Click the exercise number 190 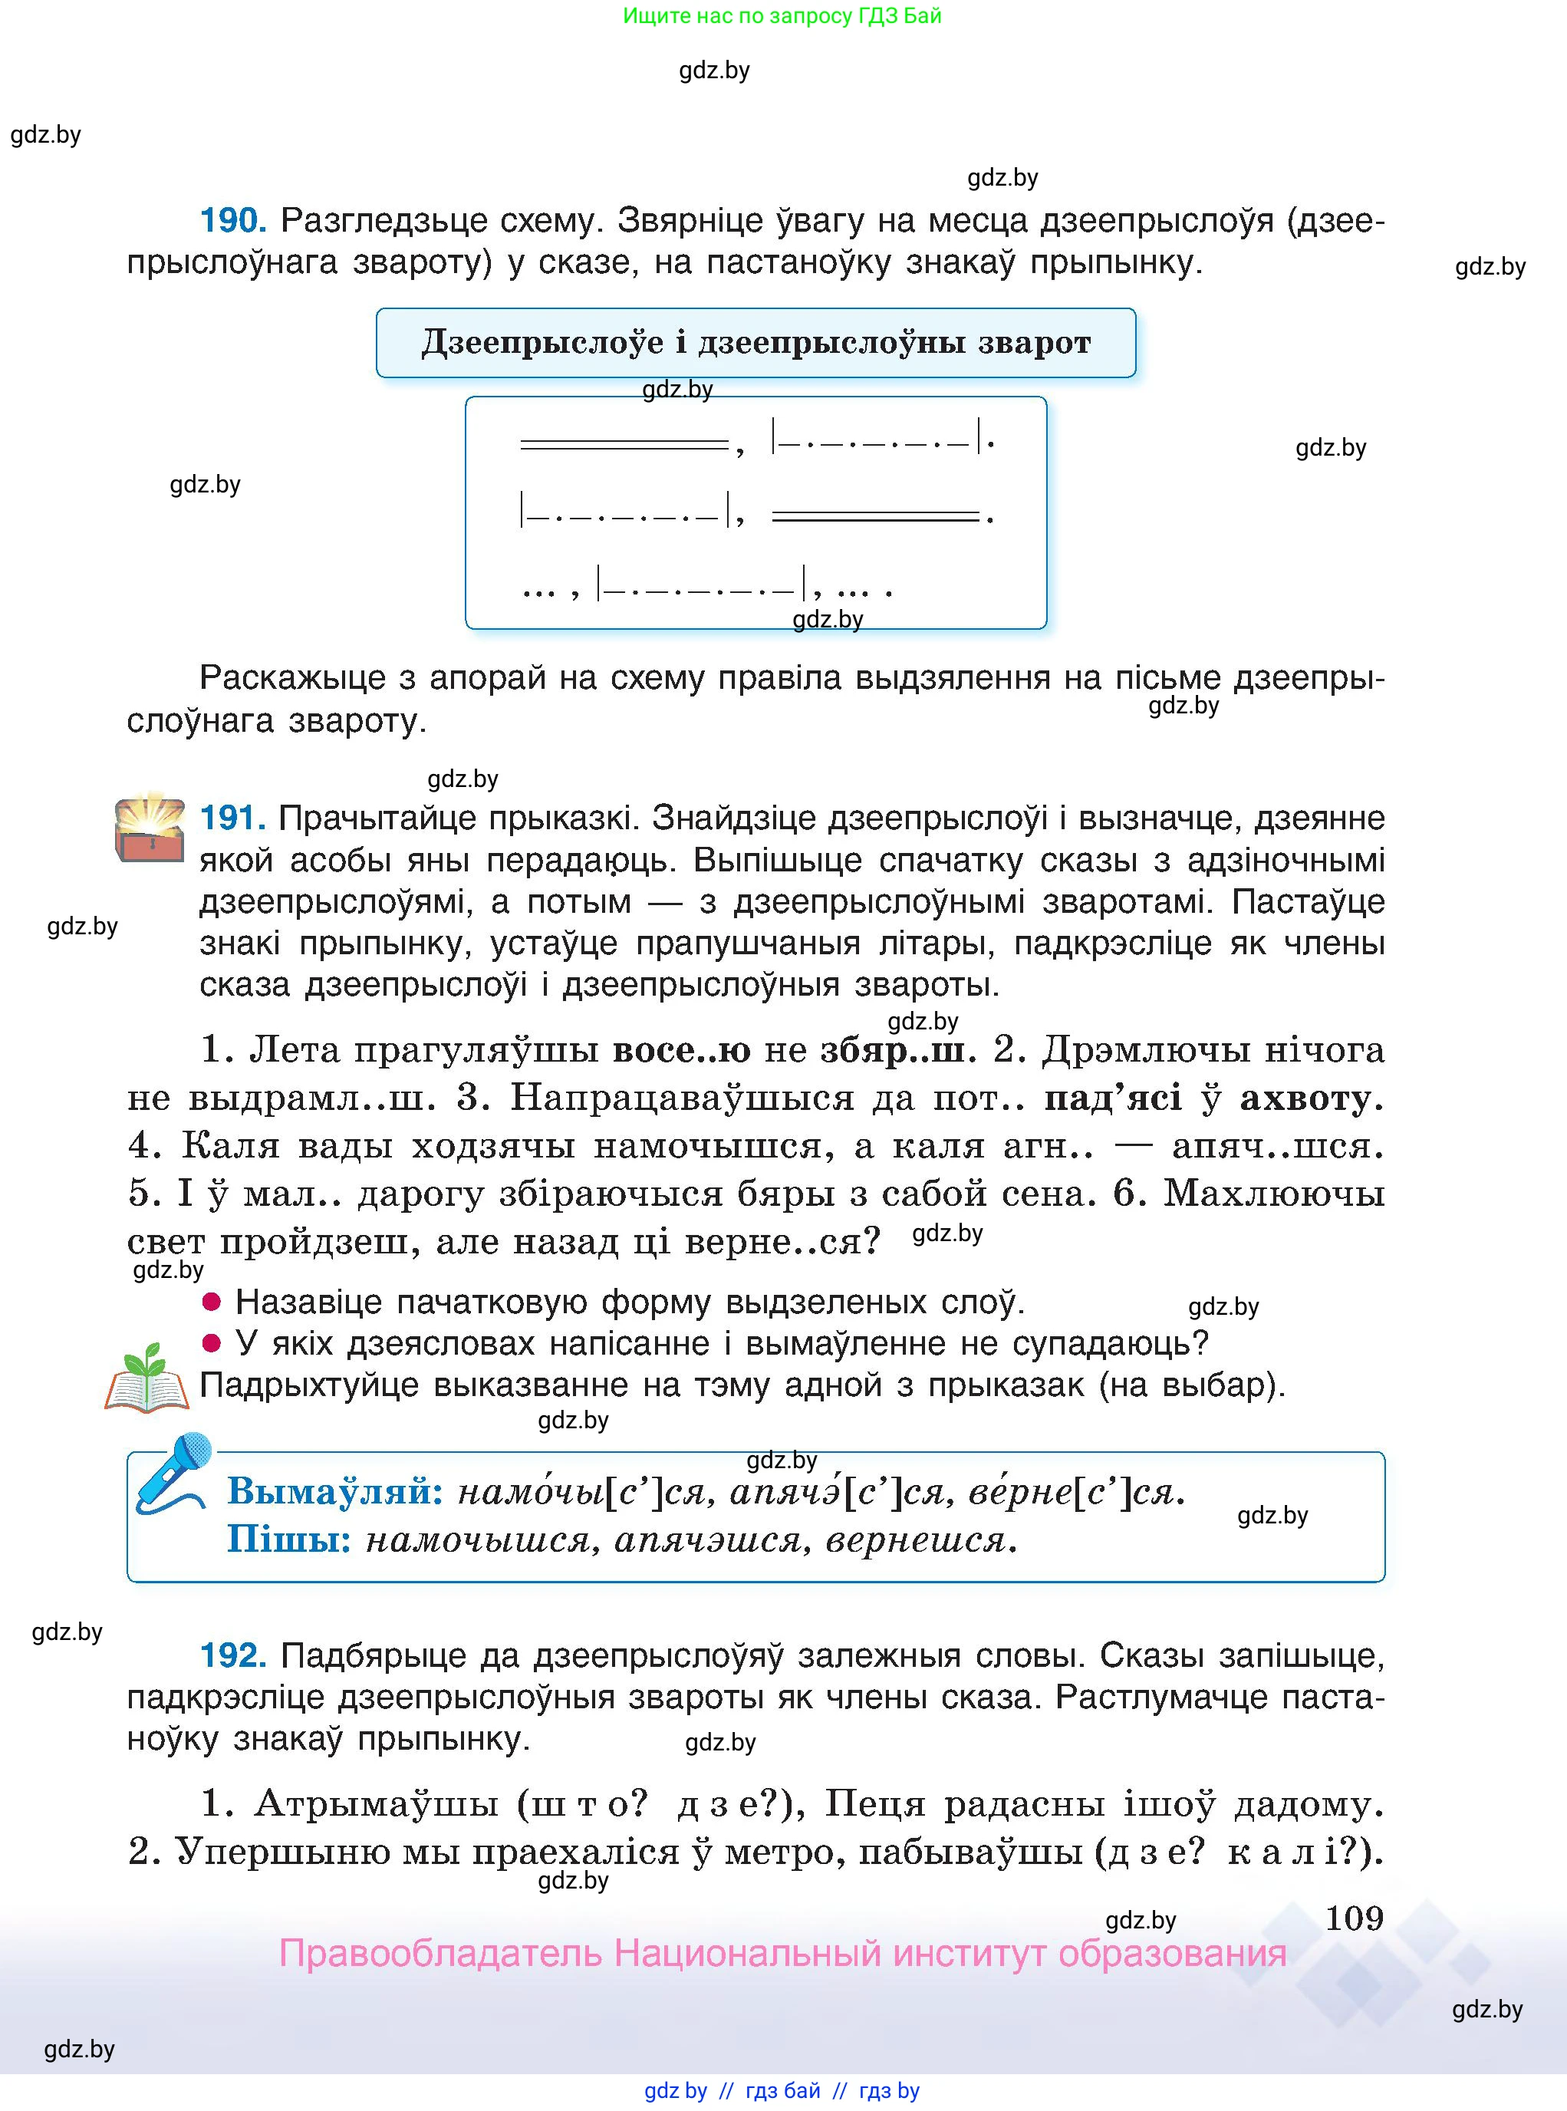(x=232, y=221)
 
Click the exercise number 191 (x=232, y=818)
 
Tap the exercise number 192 (x=232, y=1655)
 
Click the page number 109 (x=1354, y=1918)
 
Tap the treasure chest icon (x=150, y=829)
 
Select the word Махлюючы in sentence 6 (x=1273, y=1194)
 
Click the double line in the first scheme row (x=624, y=444)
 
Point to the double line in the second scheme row (x=874, y=516)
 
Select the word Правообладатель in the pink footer (x=440, y=1955)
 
